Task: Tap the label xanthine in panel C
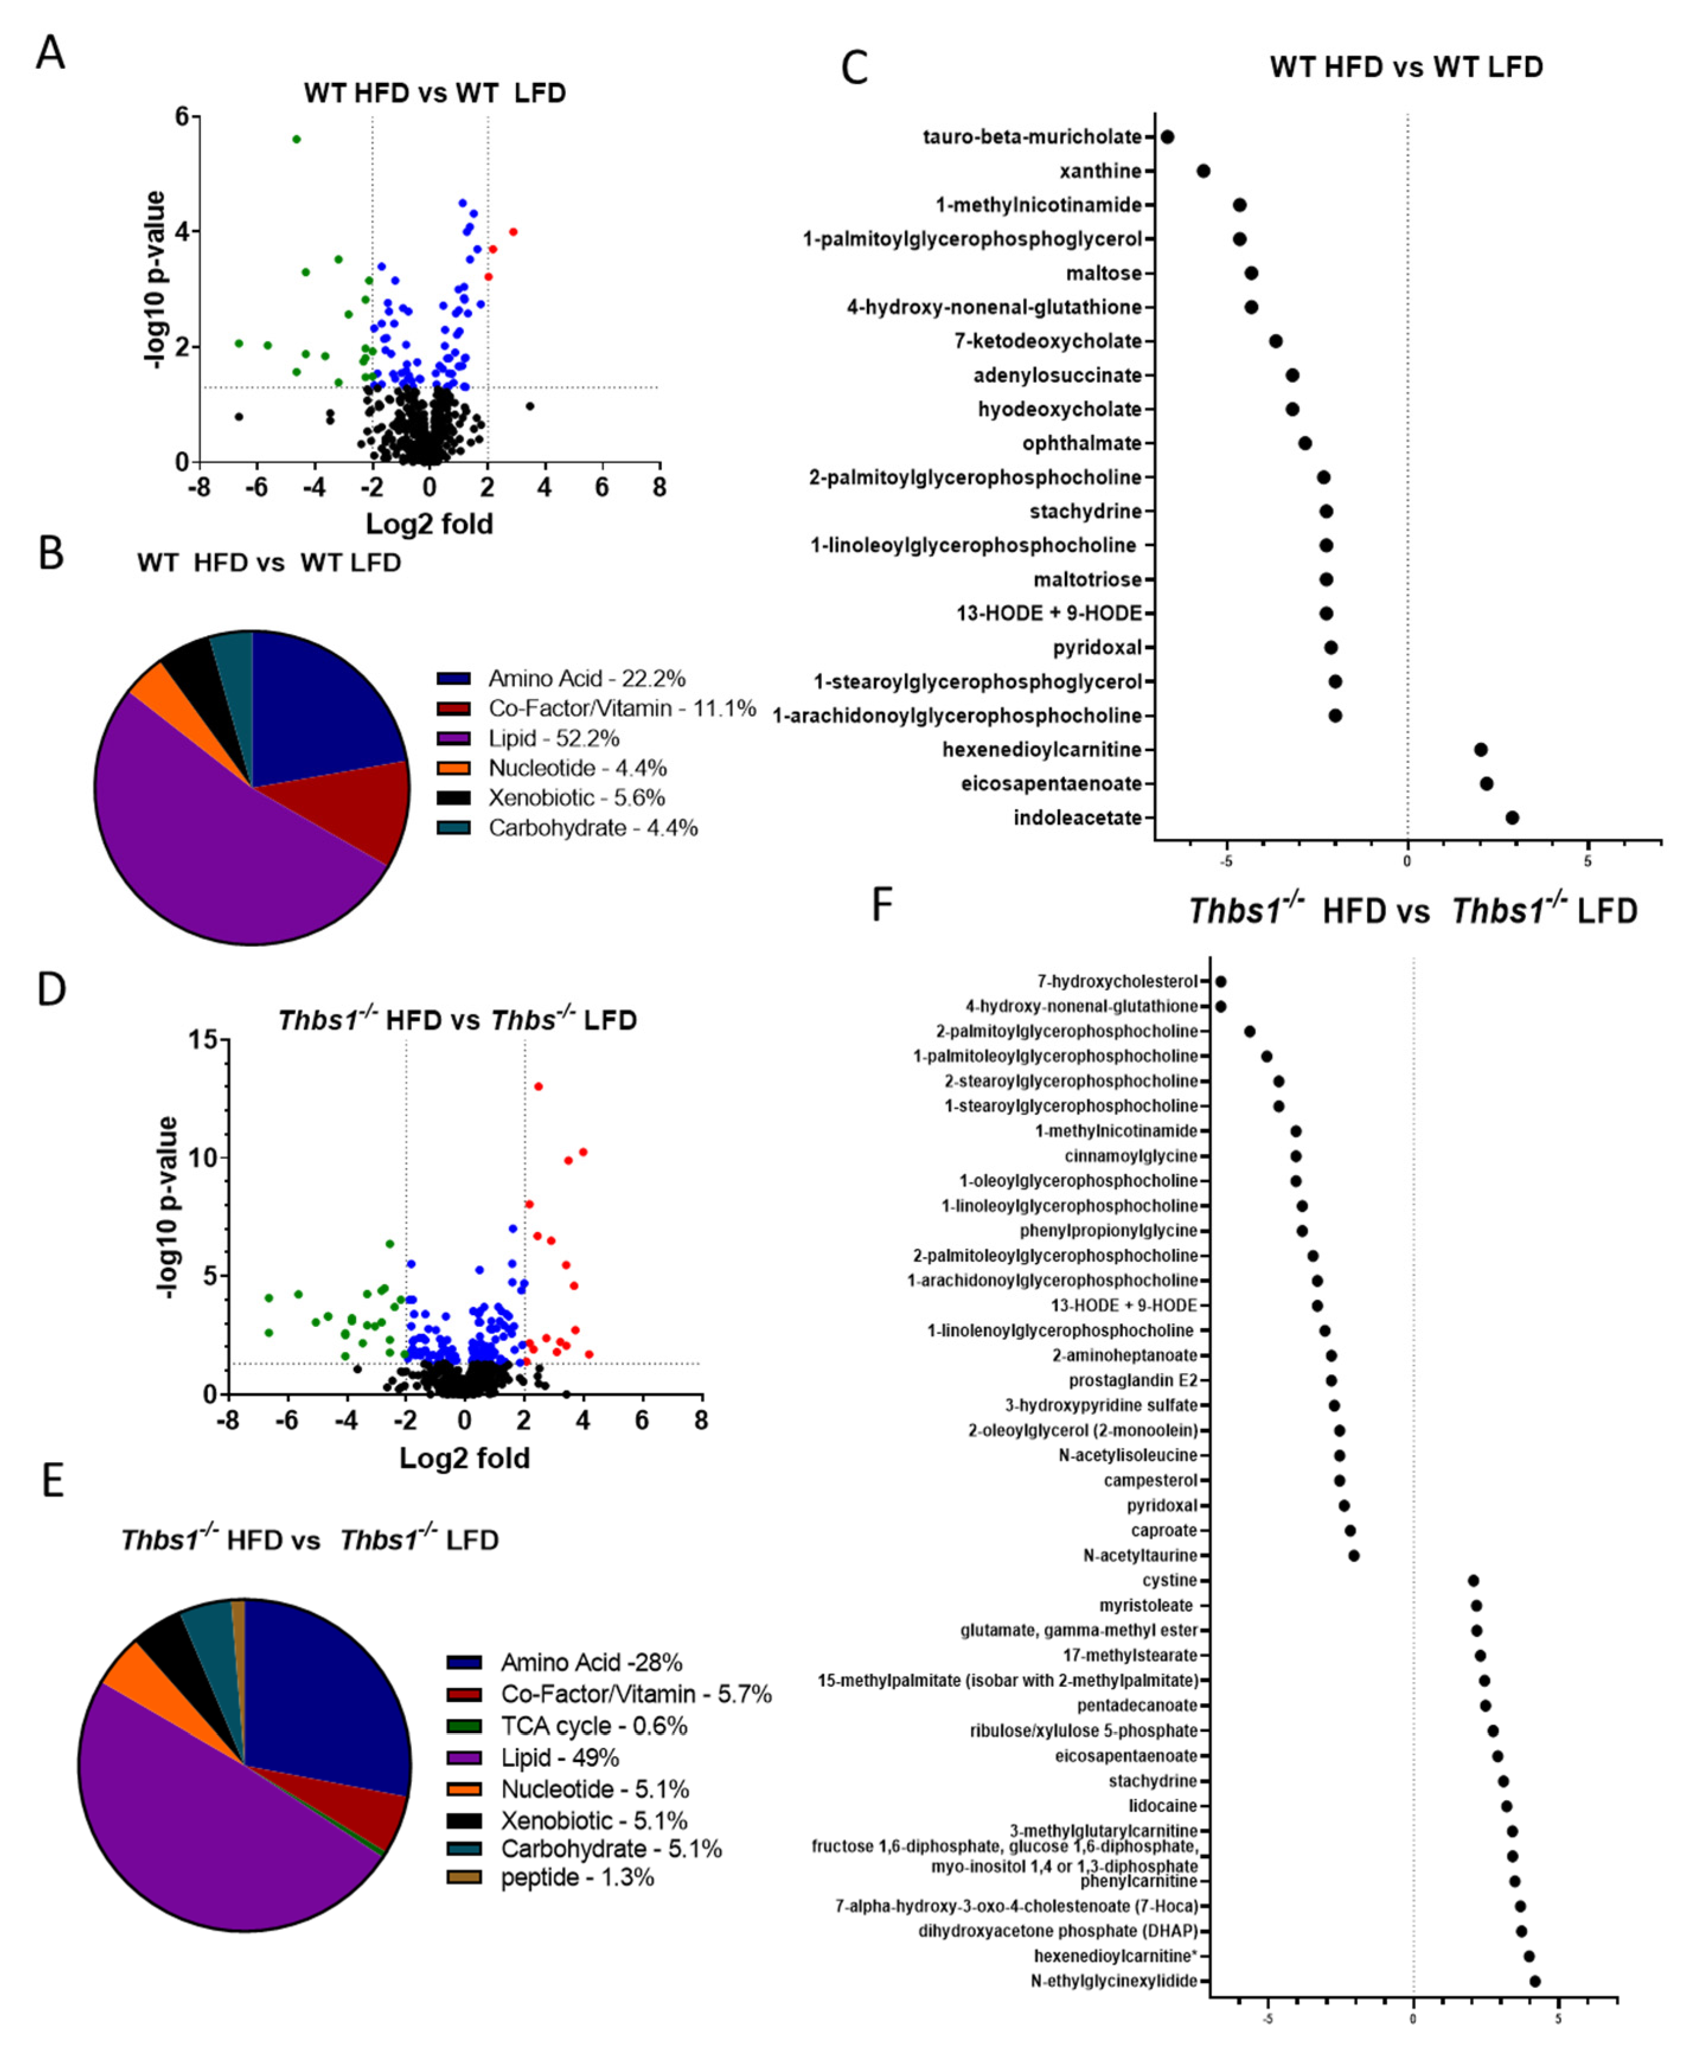(1100, 171)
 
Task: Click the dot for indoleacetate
(1512, 818)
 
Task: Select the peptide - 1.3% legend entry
(577, 1877)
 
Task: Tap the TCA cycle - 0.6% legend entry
(593, 1726)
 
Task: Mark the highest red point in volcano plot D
(537, 1086)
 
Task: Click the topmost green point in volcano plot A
(296, 139)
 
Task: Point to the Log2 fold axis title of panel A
(429, 524)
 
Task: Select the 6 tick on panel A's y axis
(183, 116)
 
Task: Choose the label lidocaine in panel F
(1163, 1806)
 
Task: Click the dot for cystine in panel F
(1473, 1579)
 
